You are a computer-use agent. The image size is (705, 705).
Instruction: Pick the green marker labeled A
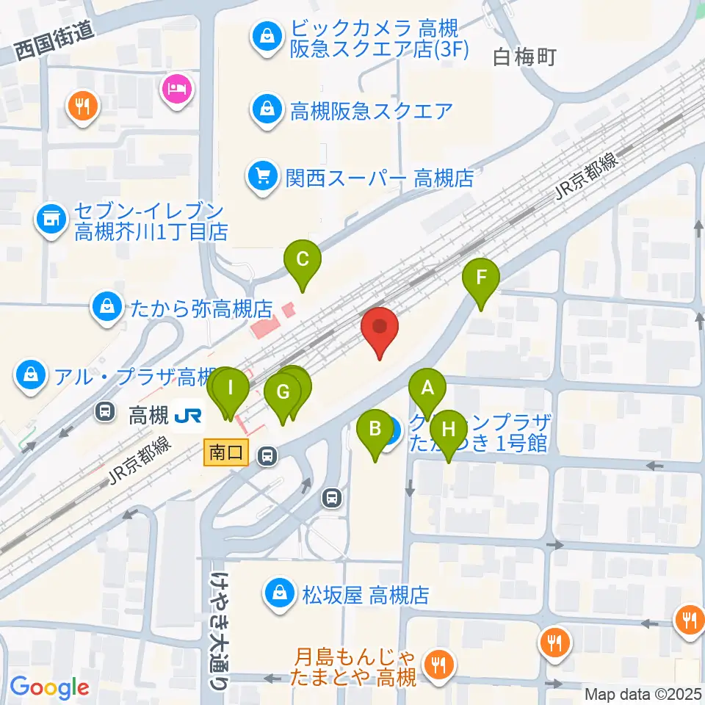pyautogui.click(x=427, y=388)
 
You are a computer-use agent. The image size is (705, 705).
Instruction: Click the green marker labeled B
pyautogui.click(x=375, y=430)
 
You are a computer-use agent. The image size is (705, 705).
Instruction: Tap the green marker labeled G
pyautogui.click(x=283, y=393)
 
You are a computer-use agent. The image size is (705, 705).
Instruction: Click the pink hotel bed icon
pyautogui.click(x=176, y=92)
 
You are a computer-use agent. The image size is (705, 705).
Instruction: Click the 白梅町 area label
pyautogui.click(x=525, y=57)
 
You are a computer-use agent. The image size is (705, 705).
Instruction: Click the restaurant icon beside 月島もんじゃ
pyautogui.click(x=441, y=665)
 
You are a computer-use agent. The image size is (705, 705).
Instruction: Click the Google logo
pyautogui.click(x=49, y=687)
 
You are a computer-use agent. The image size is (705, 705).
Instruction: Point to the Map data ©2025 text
pyautogui.click(x=643, y=694)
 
